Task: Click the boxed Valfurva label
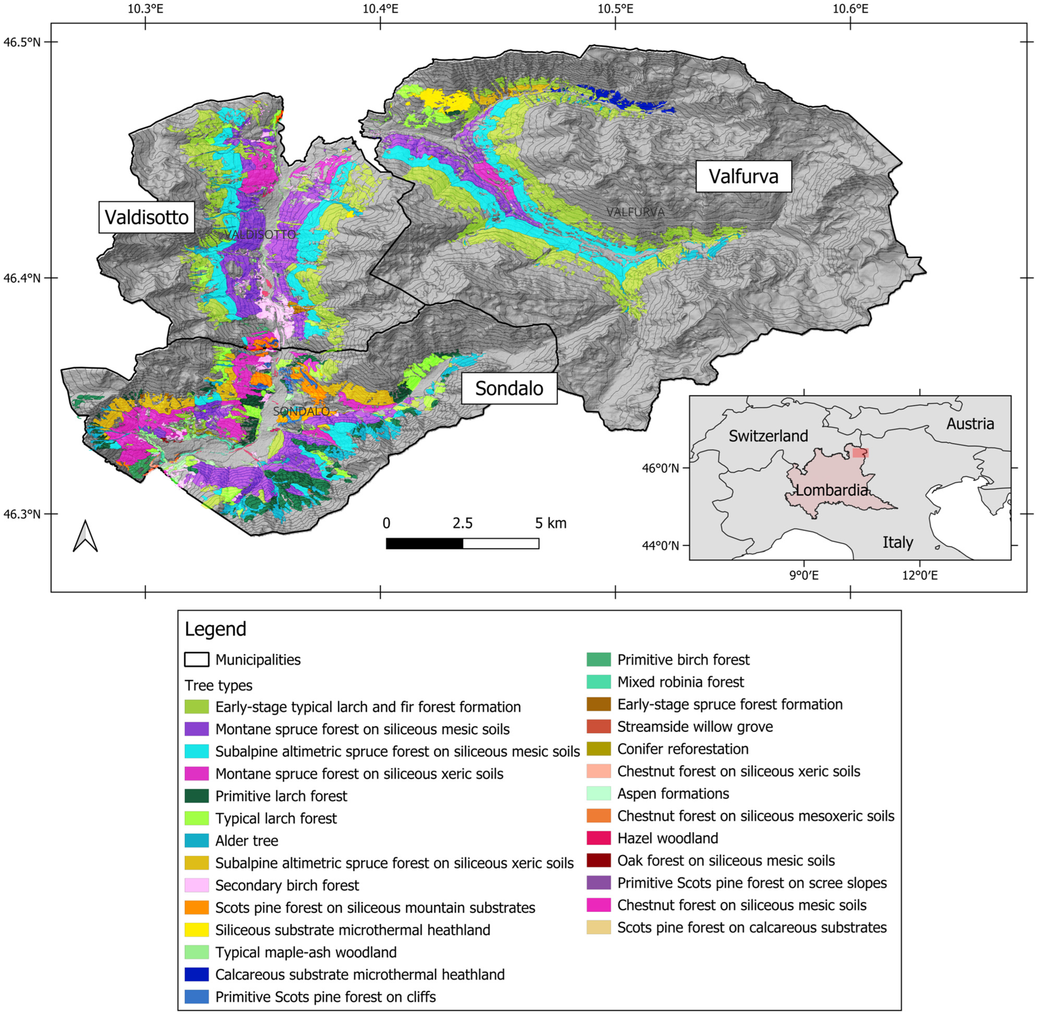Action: pyautogui.click(x=743, y=176)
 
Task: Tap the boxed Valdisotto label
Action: pyautogui.click(x=146, y=217)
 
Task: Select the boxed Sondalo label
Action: pyautogui.click(x=509, y=388)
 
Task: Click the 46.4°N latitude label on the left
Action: pyautogui.click(x=21, y=278)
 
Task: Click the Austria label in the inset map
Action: pyautogui.click(x=970, y=424)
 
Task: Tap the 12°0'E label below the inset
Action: pyautogui.click(x=919, y=575)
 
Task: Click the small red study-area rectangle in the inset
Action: pyautogui.click(x=860, y=453)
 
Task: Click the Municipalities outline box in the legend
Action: pyautogui.click(x=196, y=659)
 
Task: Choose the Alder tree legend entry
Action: pyautogui.click(x=246, y=840)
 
